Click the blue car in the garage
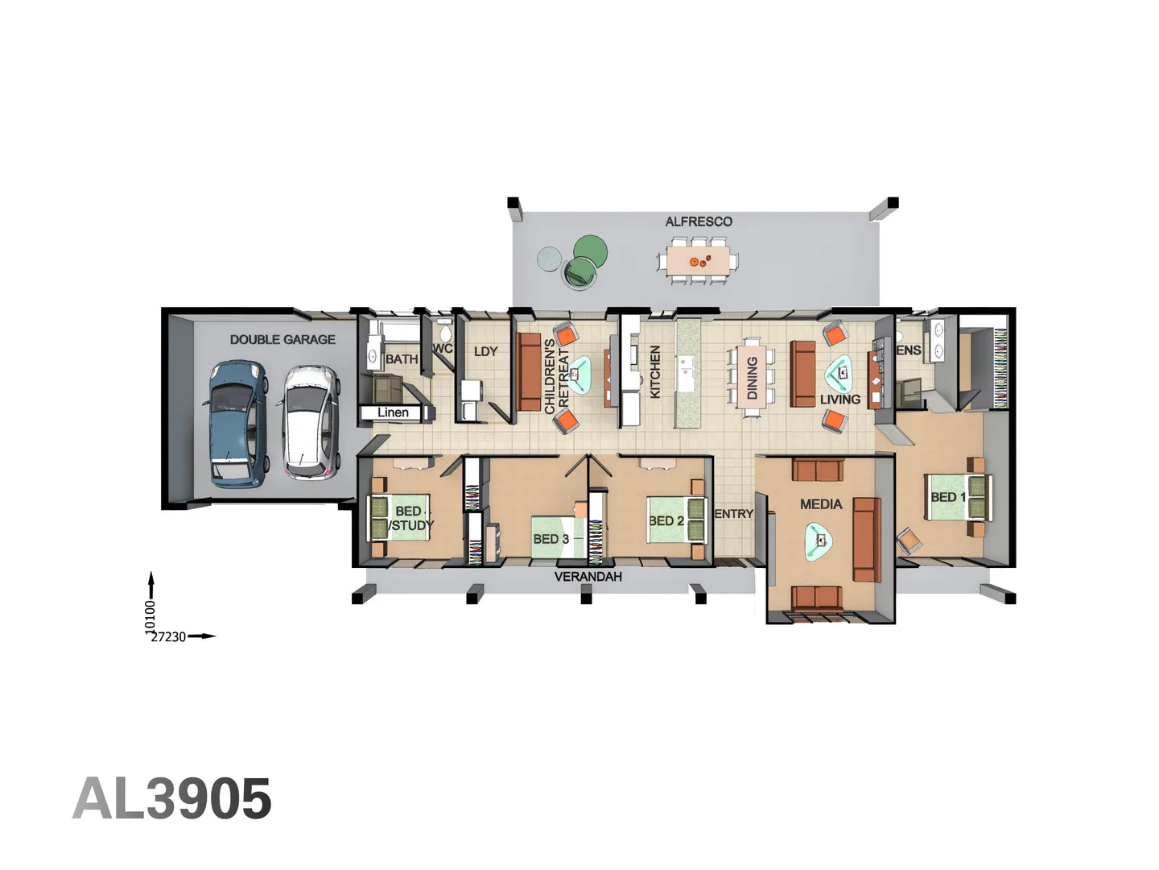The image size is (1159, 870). (237, 423)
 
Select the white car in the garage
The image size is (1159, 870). (307, 423)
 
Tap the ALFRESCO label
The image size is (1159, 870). (699, 222)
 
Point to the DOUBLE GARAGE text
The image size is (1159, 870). (283, 340)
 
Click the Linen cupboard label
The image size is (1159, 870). (393, 412)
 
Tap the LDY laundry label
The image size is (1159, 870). (485, 351)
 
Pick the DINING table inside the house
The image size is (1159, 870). (752, 376)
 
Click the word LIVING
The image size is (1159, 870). (840, 400)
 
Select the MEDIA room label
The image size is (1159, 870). (821, 504)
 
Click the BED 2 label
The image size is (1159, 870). (666, 521)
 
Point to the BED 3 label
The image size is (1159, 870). (551, 539)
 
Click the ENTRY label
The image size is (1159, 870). (734, 513)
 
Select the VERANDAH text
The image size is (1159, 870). (588, 577)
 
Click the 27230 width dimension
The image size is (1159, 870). (168, 637)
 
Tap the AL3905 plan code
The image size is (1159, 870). (172, 797)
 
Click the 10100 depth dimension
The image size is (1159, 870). (150, 616)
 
